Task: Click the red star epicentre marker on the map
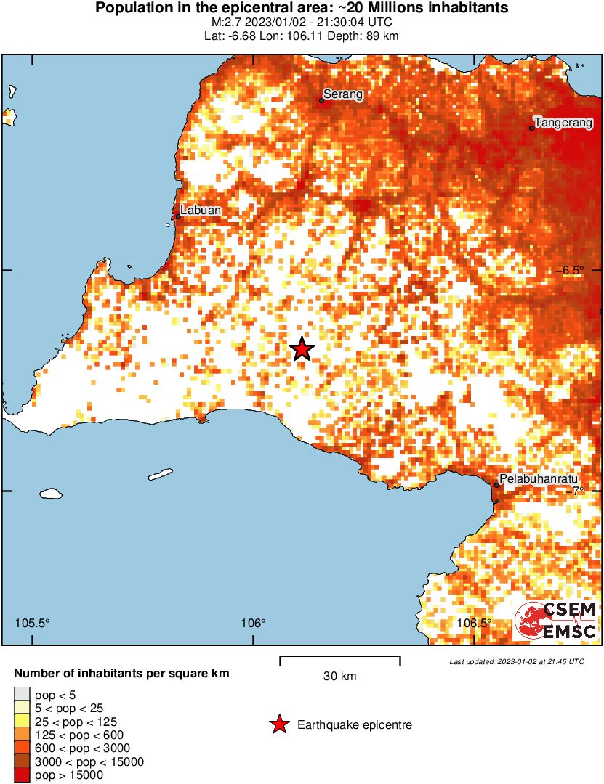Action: (x=302, y=349)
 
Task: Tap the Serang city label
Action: (x=342, y=94)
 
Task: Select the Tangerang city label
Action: (x=563, y=122)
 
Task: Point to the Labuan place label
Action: (x=201, y=210)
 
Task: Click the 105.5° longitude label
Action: (x=33, y=623)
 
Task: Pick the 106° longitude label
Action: (x=253, y=623)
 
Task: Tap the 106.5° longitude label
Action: (x=474, y=623)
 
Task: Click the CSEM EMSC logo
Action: (x=556, y=621)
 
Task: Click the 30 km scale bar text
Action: (x=339, y=677)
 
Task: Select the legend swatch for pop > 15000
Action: (x=22, y=775)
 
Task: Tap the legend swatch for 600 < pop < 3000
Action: (x=22, y=748)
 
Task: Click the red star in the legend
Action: (x=278, y=724)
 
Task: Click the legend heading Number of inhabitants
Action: (x=121, y=674)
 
